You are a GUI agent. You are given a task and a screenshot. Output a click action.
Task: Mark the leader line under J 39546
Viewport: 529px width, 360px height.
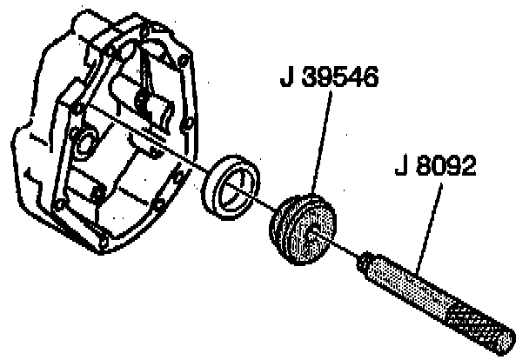click(x=319, y=148)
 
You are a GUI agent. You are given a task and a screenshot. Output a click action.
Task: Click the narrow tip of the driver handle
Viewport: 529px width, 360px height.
click(x=365, y=258)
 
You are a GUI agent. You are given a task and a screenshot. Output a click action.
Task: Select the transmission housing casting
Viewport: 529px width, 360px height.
click(x=104, y=130)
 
